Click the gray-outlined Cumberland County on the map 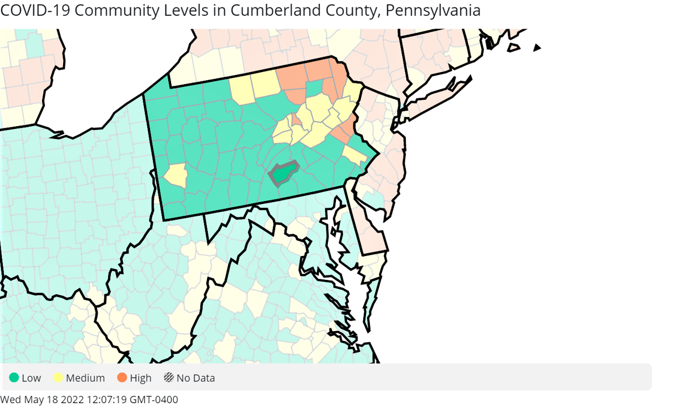(x=284, y=173)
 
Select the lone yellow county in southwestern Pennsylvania (x=177, y=175)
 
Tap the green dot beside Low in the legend (x=14, y=378)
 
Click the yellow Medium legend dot (x=58, y=378)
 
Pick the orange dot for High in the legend (x=122, y=378)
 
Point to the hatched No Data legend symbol (x=169, y=378)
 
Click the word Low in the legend (x=32, y=378)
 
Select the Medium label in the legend (x=85, y=378)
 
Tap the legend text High (x=140, y=378)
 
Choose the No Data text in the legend (x=196, y=378)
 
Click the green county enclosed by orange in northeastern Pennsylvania (x=314, y=89)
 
